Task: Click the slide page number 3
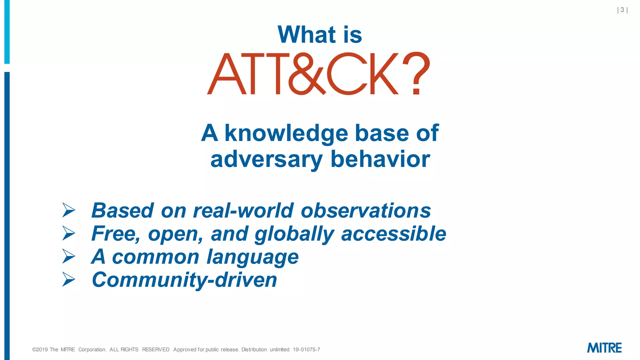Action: click(x=622, y=10)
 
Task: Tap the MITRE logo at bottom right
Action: click(x=604, y=348)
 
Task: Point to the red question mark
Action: click(x=416, y=73)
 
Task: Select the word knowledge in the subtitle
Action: click(x=286, y=133)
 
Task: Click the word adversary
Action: click(x=266, y=159)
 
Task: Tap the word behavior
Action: click(x=380, y=159)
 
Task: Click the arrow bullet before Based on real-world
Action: click(x=68, y=210)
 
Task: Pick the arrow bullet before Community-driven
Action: click(x=68, y=279)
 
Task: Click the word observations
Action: click(x=366, y=210)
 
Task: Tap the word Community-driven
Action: click(x=184, y=280)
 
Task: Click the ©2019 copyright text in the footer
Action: click(x=44, y=349)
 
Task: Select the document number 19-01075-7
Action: click(x=306, y=349)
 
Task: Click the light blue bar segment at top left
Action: click(x=7, y=31)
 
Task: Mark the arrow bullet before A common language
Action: click(x=68, y=256)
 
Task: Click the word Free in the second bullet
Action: click(x=114, y=234)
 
